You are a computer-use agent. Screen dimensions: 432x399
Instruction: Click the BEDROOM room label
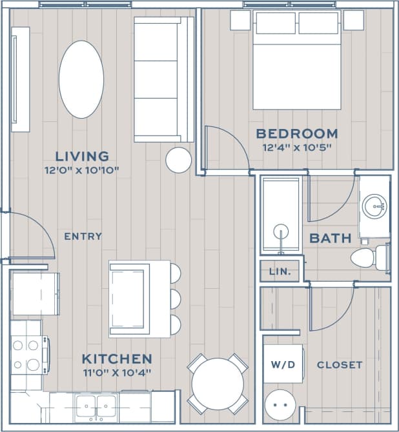coord(296,133)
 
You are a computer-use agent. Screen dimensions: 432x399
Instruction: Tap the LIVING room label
coord(81,156)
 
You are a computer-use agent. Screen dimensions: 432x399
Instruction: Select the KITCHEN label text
coord(117,358)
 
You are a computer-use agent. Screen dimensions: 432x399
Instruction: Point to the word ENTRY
coord(83,237)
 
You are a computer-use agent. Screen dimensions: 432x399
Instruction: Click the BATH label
coord(331,238)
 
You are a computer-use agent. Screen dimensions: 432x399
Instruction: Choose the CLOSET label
coord(339,365)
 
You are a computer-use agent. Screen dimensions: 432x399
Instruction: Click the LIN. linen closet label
coord(280,271)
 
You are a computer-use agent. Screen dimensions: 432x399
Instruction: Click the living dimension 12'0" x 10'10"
coord(81,170)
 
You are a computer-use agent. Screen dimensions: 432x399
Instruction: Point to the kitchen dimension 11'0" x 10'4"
coord(117,373)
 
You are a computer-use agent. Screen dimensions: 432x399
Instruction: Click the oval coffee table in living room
coord(81,79)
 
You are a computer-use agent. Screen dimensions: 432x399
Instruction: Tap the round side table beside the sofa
coord(178,160)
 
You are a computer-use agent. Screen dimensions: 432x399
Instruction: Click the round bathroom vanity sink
coord(374,207)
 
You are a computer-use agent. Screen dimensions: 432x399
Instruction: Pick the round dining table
coord(217,384)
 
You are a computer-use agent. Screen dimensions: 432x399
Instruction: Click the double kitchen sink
coord(96,406)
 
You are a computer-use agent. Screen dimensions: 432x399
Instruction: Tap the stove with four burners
coord(26,355)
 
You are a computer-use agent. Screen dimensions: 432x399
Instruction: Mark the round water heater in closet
coord(280,406)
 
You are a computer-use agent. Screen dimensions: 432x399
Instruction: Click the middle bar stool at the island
coord(174,299)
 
